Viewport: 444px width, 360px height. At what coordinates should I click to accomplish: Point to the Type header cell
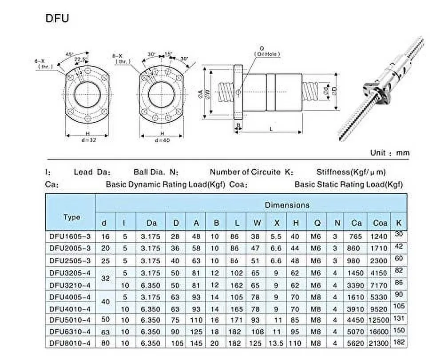(71, 217)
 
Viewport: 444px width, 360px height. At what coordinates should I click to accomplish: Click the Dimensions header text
(287, 205)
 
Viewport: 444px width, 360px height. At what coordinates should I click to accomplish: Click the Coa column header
(380, 223)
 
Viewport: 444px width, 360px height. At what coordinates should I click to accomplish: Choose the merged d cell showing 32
(106, 279)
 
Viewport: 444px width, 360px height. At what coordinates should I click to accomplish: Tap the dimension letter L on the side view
(271, 128)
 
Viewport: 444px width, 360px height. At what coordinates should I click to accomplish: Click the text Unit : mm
(389, 153)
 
